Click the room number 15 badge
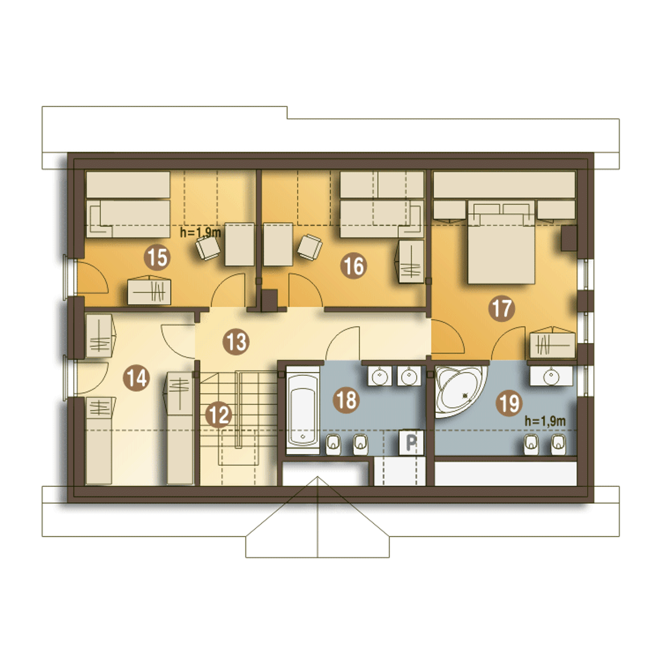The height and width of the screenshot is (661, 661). coord(157,257)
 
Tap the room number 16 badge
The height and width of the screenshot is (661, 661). coord(354,266)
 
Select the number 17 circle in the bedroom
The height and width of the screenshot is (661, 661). coord(501,308)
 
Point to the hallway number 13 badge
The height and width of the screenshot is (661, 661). coord(236,342)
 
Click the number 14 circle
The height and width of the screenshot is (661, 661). coord(136,379)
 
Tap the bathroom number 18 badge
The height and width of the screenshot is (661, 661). coord(347,400)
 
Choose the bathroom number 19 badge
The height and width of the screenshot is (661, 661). coord(509,403)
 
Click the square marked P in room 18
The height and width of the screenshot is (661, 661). coord(411,442)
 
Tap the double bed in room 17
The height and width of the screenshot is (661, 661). coord(501,242)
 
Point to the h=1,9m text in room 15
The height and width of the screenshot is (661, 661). coord(200,233)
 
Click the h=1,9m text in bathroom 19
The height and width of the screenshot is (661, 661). coord(545,421)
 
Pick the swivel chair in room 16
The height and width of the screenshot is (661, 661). coord(310,247)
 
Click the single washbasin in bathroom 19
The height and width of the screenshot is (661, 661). coord(551,376)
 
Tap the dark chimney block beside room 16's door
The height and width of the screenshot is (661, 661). coord(269,301)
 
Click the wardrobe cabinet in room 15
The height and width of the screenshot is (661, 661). coord(149,291)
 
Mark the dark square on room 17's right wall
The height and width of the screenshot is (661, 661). coord(569,238)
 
